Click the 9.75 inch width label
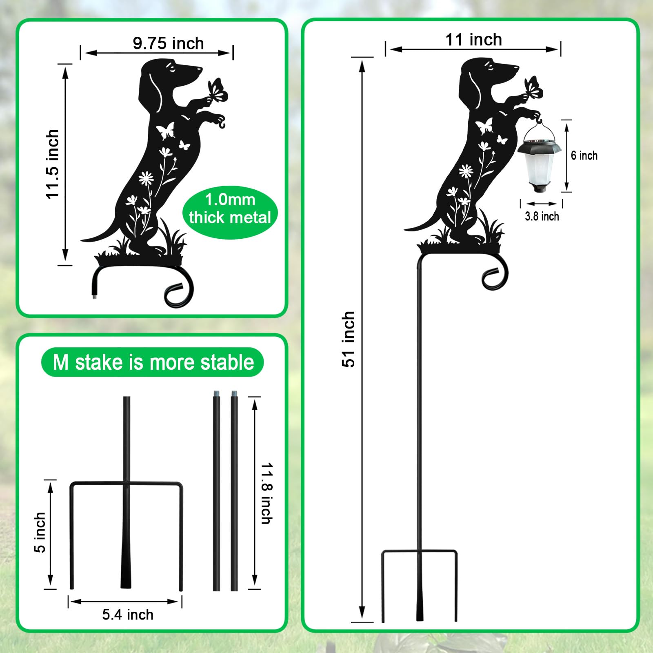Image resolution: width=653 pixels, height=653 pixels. [x=168, y=43]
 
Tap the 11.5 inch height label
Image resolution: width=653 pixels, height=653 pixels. [x=53, y=164]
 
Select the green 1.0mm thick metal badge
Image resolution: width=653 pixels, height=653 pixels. [x=230, y=209]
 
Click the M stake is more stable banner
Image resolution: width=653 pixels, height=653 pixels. [x=153, y=362]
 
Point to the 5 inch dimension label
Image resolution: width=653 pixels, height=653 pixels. [x=40, y=533]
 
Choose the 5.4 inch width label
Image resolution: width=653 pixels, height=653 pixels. [x=128, y=615]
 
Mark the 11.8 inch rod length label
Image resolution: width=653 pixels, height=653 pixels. [x=267, y=493]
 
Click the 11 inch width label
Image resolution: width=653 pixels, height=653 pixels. [x=473, y=40]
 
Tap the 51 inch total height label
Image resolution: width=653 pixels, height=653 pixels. [x=348, y=339]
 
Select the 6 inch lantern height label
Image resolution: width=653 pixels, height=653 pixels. [x=584, y=155]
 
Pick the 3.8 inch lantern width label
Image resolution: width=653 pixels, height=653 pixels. [x=542, y=216]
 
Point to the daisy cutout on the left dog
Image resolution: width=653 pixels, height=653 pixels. [x=146, y=178]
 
